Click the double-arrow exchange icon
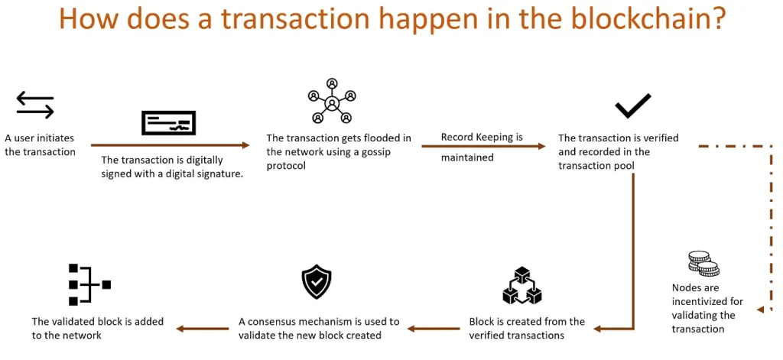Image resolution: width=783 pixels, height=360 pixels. click(x=35, y=105)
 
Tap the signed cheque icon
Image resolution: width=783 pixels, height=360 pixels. click(x=168, y=123)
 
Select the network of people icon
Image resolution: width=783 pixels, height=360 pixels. click(x=332, y=101)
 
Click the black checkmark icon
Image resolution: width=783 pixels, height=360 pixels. click(x=633, y=105)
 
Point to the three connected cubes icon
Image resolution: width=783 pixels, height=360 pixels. click(x=521, y=286)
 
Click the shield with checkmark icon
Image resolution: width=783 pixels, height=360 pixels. click(x=317, y=283)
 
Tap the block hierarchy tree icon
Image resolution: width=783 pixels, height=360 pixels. click(x=89, y=284)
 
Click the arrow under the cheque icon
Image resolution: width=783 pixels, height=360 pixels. click(x=170, y=144)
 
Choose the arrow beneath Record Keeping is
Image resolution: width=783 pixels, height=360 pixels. click(x=483, y=144)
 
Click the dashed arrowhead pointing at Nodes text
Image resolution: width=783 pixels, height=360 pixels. click(x=760, y=310)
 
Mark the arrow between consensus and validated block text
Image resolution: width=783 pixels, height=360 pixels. click(x=203, y=329)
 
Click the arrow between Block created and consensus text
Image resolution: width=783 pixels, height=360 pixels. click(x=434, y=329)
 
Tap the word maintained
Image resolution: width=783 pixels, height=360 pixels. click(x=467, y=157)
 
